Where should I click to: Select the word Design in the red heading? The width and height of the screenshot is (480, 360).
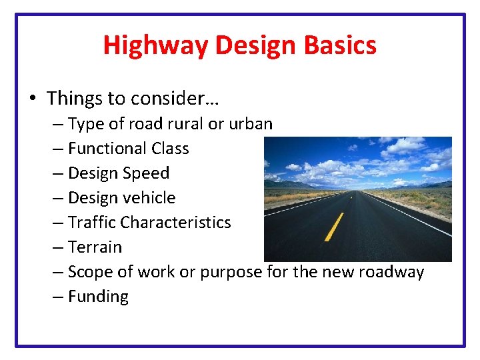[x=251, y=45]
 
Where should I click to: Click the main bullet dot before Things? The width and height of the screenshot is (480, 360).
[x=33, y=99]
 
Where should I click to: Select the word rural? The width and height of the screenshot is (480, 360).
[x=187, y=124]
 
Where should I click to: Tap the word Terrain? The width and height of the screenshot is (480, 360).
[x=95, y=247]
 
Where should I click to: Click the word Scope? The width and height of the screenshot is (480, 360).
[x=91, y=272]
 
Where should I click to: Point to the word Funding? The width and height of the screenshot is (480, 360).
[x=98, y=297]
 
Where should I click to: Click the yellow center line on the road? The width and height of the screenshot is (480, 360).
[x=333, y=227]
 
